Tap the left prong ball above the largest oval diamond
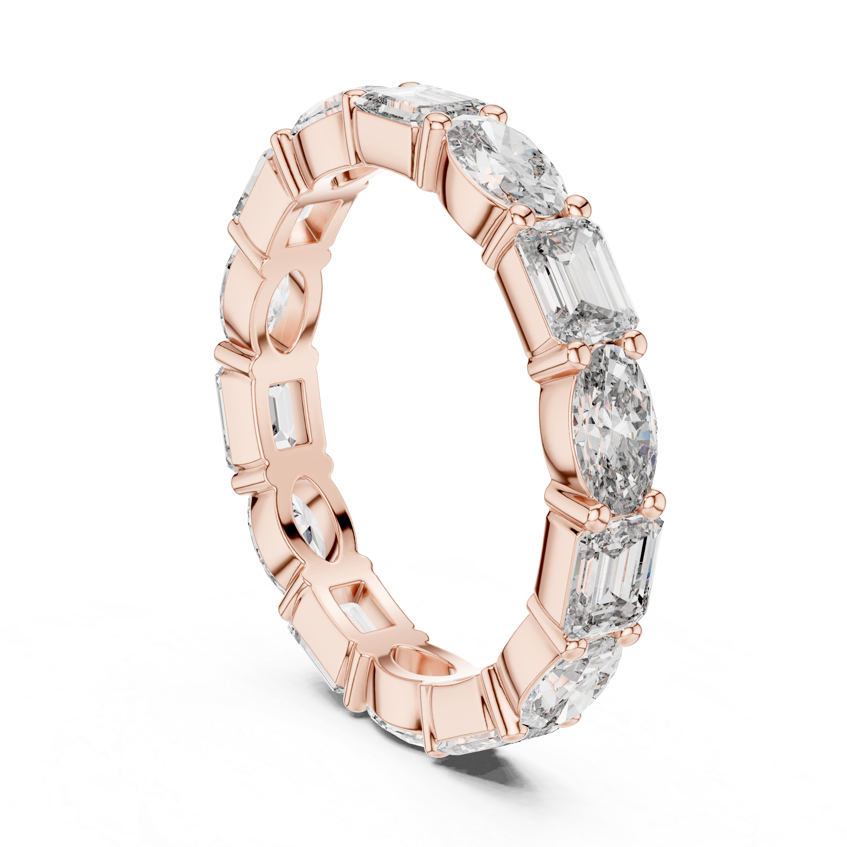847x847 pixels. [581, 353]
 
